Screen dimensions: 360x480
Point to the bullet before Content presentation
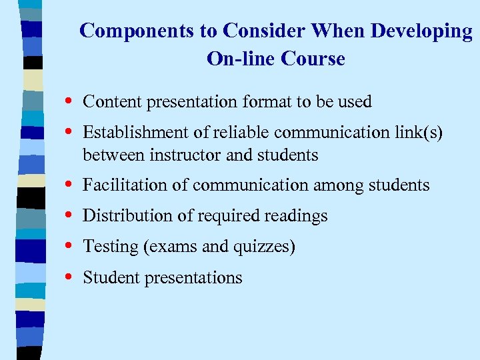pos(70,101)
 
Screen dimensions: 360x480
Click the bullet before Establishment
pos(70,132)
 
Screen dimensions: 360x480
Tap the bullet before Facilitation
pos(70,185)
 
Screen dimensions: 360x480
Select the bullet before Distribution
pos(70,215)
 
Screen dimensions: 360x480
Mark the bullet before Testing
pos(70,247)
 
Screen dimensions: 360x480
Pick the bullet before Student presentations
pos(70,277)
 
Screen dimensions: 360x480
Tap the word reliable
pos(247,133)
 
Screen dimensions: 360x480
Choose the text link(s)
pos(418,133)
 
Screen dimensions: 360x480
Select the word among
pos(334,185)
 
